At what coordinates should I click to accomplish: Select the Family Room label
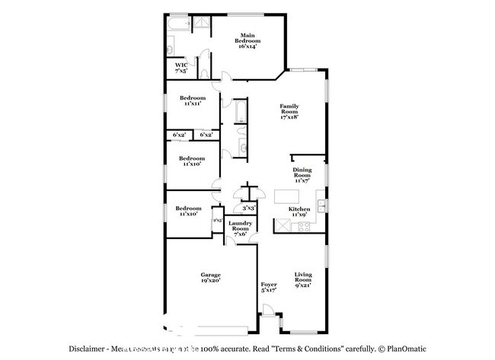pyautogui.click(x=289, y=110)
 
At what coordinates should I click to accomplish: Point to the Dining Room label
pyautogui.click(x=303, y=174)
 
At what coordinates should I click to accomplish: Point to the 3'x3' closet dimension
pyautogui.click(x=248, y=208)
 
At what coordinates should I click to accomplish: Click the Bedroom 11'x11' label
pyautogui.click(x=193, y=100)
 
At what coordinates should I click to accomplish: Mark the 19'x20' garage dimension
pyautogui.click(x=211, y=281)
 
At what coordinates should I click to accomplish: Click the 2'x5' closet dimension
pyautogui.click(x=218, y=221)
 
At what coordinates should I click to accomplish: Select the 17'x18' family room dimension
pyautogui.click(x=289, y=117)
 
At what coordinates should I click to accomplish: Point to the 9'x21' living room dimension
pyautogui.click(x=304, y=287)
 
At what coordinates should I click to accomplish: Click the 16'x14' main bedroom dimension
pyautogui.click(x=247, y=47)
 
